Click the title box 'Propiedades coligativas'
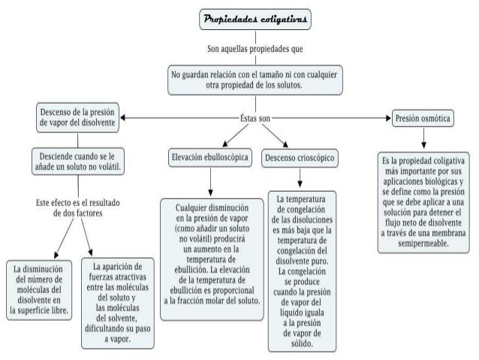254,17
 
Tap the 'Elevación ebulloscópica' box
210,159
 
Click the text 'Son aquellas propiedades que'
255,49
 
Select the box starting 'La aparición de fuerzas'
116,301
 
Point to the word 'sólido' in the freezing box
300,343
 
